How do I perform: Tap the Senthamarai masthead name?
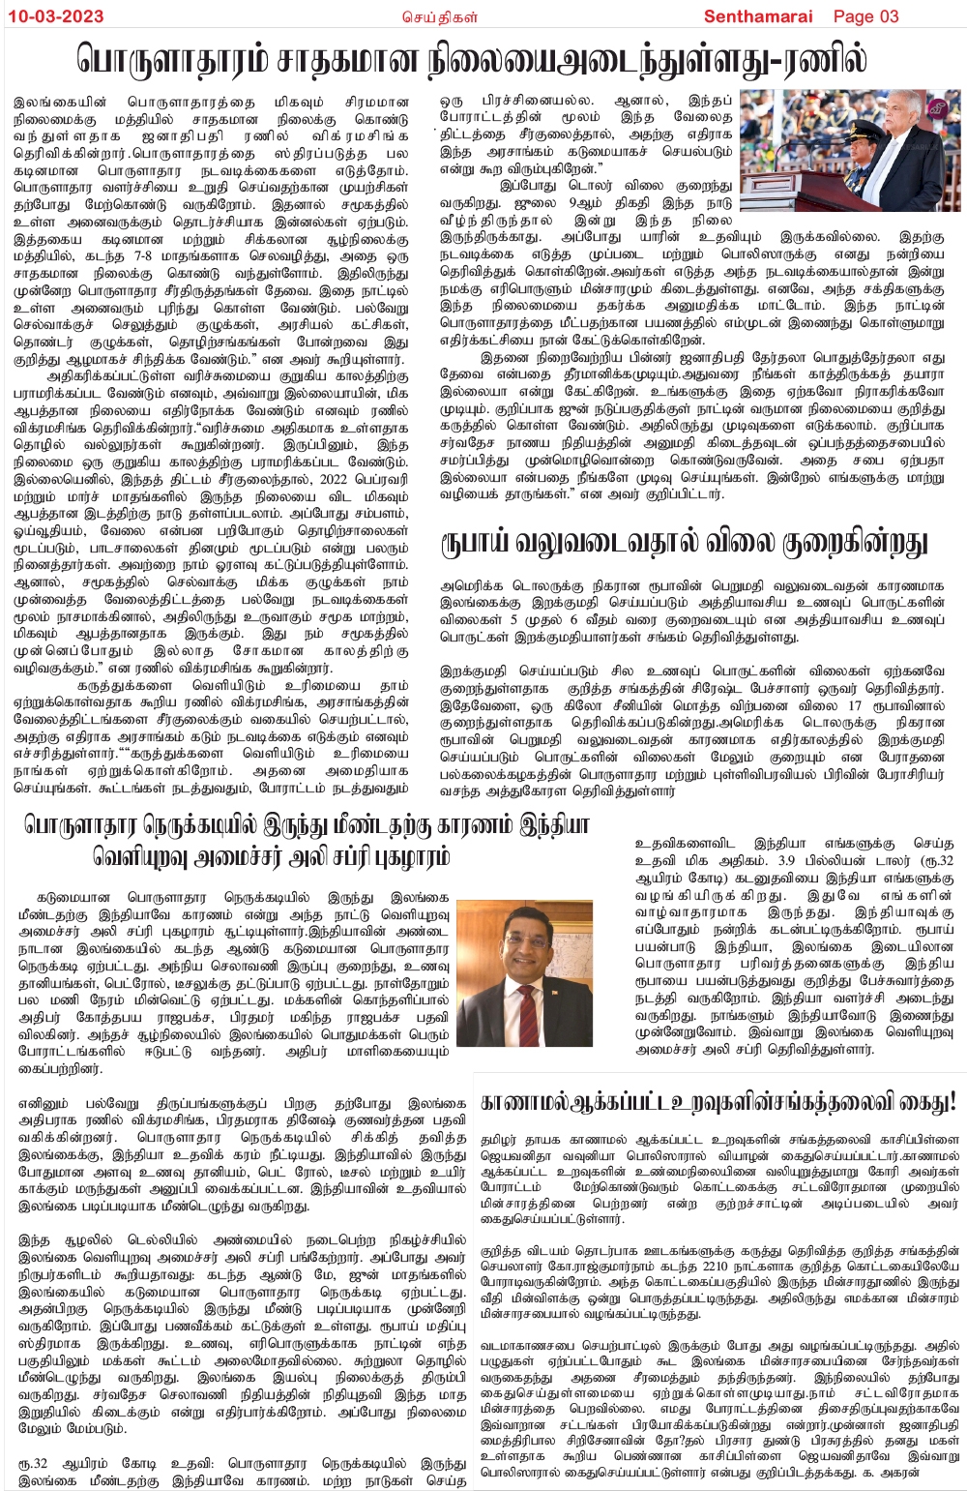point(758,15)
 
